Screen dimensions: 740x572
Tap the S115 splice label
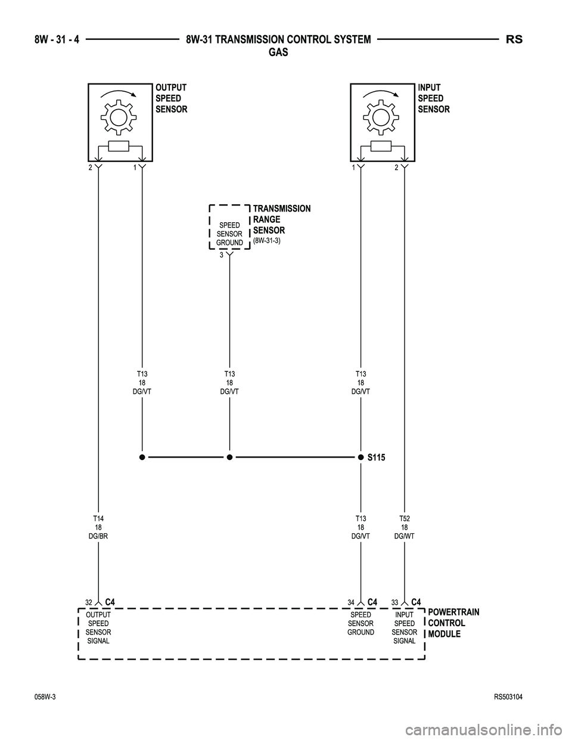[376, 458]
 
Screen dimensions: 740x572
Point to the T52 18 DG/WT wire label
[405, 528]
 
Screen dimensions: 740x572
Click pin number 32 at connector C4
[89, 602]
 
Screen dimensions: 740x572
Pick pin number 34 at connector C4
[352, 602]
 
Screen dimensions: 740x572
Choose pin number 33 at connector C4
[395, 602]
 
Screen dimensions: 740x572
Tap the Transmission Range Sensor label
[281, 219]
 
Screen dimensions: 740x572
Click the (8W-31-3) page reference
[267, 240]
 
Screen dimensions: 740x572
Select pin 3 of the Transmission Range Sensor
[221, 255]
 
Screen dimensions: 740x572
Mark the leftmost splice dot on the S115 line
[142, 458]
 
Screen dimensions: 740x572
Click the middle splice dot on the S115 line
[229, 458]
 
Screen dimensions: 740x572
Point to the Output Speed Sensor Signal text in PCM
[98, 627]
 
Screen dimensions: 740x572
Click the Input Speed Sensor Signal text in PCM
[405, 627]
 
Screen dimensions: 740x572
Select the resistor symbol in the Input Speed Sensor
[381, 147]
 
